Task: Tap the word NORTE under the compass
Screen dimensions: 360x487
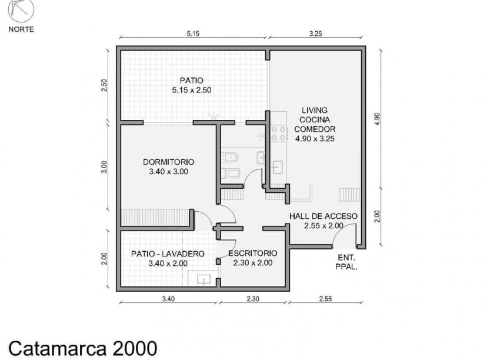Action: click(21, 29)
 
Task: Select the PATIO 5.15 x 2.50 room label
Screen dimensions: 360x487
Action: click(192, 85)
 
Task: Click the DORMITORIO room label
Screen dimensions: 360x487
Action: click(168, 166)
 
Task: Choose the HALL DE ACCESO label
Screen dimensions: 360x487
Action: click(323, 221)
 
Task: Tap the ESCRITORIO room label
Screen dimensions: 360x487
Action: click(252, 258)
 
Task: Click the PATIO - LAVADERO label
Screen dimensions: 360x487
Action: click(168, 258)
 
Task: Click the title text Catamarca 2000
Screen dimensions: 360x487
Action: click(83, 348)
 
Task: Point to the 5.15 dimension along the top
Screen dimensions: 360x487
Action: click(193, 34)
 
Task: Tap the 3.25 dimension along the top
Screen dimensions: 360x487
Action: click(315, 34)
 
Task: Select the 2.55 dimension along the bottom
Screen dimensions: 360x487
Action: click(325, 299)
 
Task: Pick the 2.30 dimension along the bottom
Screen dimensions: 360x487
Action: click(253, 299)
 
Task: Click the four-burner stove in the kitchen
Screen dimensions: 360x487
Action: click(279, 134)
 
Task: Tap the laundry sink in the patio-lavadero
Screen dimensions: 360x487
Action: click(204, 278)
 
